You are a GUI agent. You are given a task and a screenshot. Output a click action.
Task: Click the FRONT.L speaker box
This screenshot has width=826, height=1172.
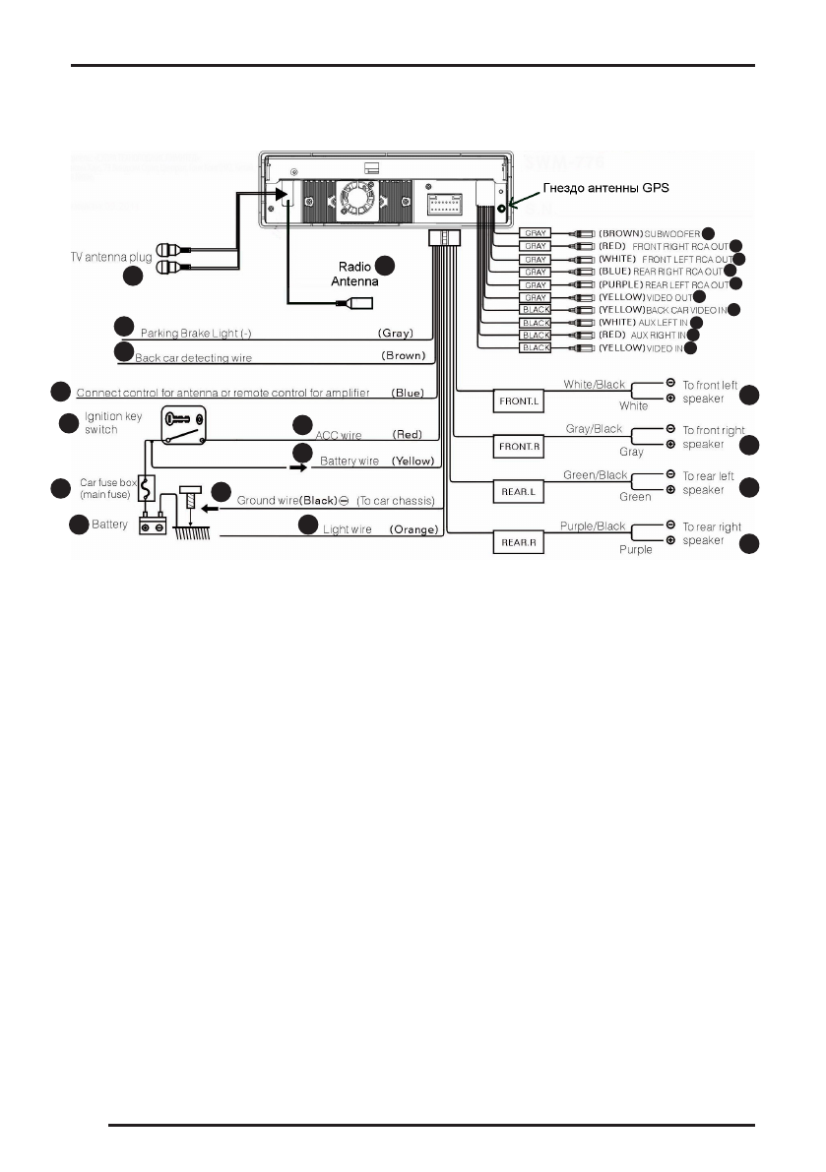click(x=518, y=401)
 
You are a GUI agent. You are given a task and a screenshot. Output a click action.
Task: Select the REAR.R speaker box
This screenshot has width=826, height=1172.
click(x=518, y=541)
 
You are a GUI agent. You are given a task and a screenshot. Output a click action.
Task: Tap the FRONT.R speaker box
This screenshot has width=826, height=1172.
click(x=518, y=447)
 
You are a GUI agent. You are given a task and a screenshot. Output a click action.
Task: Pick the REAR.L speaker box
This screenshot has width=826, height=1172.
click(x=518, y=492)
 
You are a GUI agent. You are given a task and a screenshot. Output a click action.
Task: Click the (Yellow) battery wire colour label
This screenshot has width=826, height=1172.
click(x=413, y=461)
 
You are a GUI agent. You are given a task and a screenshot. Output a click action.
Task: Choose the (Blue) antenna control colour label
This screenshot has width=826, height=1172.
click(x=408, y=392)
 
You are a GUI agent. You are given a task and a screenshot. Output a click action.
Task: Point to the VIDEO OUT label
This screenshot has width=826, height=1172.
click(x=669, y=297)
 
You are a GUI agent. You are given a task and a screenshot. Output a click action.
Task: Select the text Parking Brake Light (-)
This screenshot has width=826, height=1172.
click(x=196, y=333)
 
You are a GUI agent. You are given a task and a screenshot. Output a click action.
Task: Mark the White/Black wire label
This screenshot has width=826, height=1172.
click(x=594, y=385)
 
